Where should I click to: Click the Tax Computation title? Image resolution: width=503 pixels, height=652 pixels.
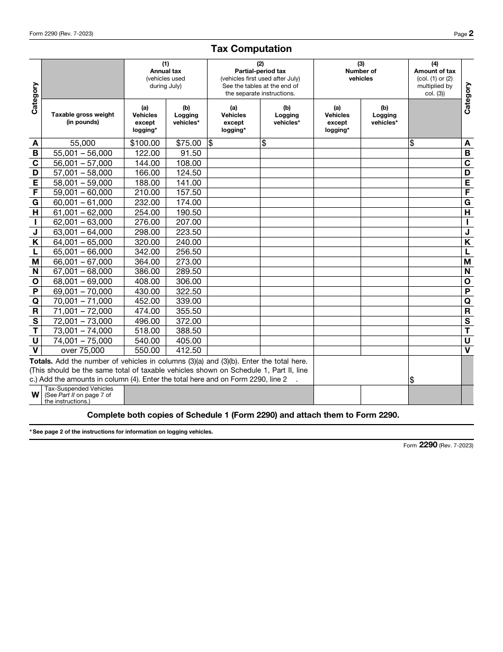[251, 49]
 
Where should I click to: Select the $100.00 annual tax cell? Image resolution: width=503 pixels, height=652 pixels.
[145, 143]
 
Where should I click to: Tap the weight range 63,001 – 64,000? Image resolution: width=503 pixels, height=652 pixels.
[83, 232]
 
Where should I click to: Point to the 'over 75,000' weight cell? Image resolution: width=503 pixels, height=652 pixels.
[83, 350]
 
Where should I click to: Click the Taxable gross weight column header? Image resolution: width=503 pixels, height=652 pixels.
[83, 118]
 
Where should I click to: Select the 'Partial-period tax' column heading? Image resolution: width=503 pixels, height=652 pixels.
[260, 71]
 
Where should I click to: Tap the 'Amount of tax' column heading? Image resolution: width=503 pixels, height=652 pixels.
[435, 71]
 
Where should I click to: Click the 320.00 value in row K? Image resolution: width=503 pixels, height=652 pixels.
[147, 242]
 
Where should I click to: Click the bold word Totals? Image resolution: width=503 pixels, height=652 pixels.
[41, 361]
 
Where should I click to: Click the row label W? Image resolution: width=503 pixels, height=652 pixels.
[35, 395]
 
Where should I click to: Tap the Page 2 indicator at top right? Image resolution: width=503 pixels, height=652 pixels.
[463, 34]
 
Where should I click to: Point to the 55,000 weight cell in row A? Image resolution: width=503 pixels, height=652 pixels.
[83, 143]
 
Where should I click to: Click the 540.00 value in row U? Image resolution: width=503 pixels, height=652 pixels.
[147, 341]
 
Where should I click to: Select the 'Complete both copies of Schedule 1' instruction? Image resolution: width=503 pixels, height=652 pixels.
[243, 415]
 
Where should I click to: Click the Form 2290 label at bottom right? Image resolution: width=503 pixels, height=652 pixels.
[438, 445]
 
